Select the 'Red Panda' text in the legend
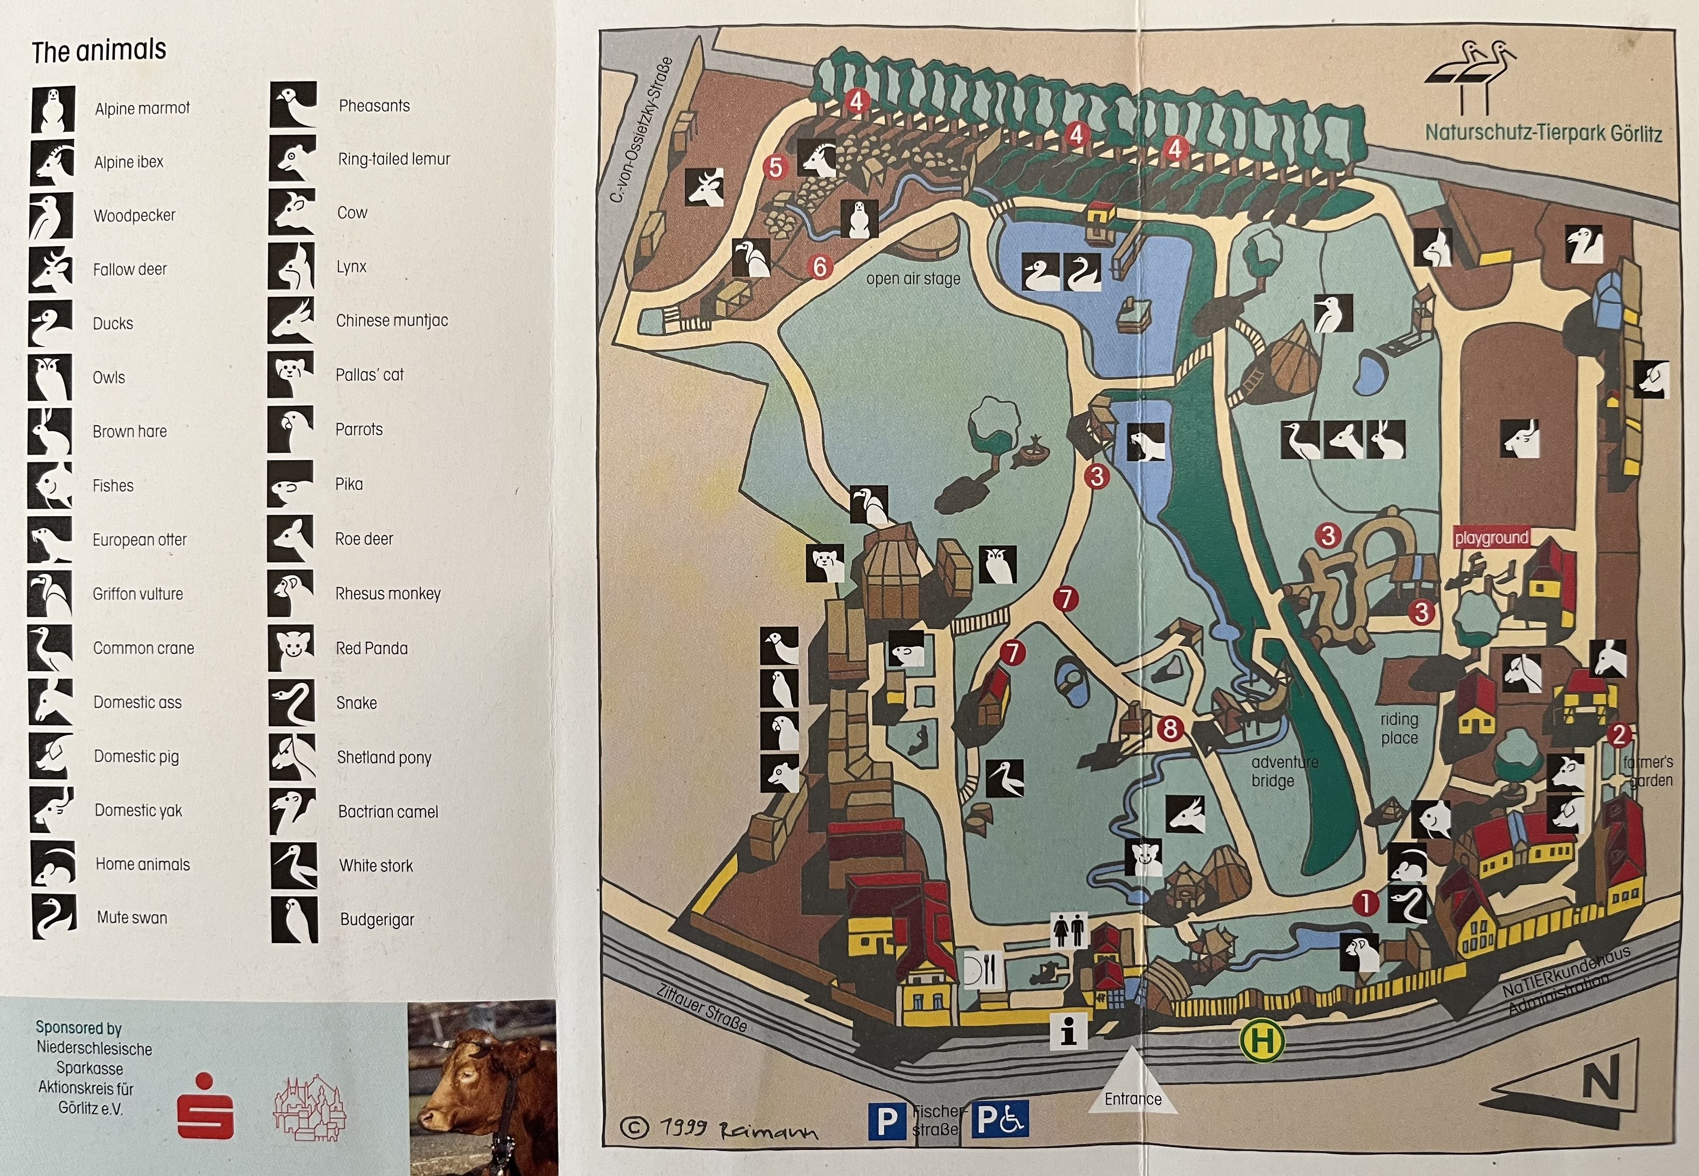pyautogui.click(x=371, y=648)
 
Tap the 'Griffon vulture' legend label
pyautogui.click(x=138, y=594)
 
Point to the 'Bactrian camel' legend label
pyautogui.click(x=388, y=811)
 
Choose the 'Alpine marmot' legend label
pyautogui.click(x=142, y=108)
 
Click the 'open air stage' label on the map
pyautogui.click(x=913, y=279)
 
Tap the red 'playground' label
pyautogui.click(x=1491, y=538)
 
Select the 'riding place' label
pyautogui.click(x=1399, y=728)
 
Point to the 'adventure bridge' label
pyautogui.click(x=1284, y=771)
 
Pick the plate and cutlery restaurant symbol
pyautogui.click(x=982, y=969)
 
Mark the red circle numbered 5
pyautogui.click(x=775, y=167)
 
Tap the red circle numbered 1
pyautogui.click(x=1365, y=902)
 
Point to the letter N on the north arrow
pyautogui.click(x=1601, y=1077)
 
